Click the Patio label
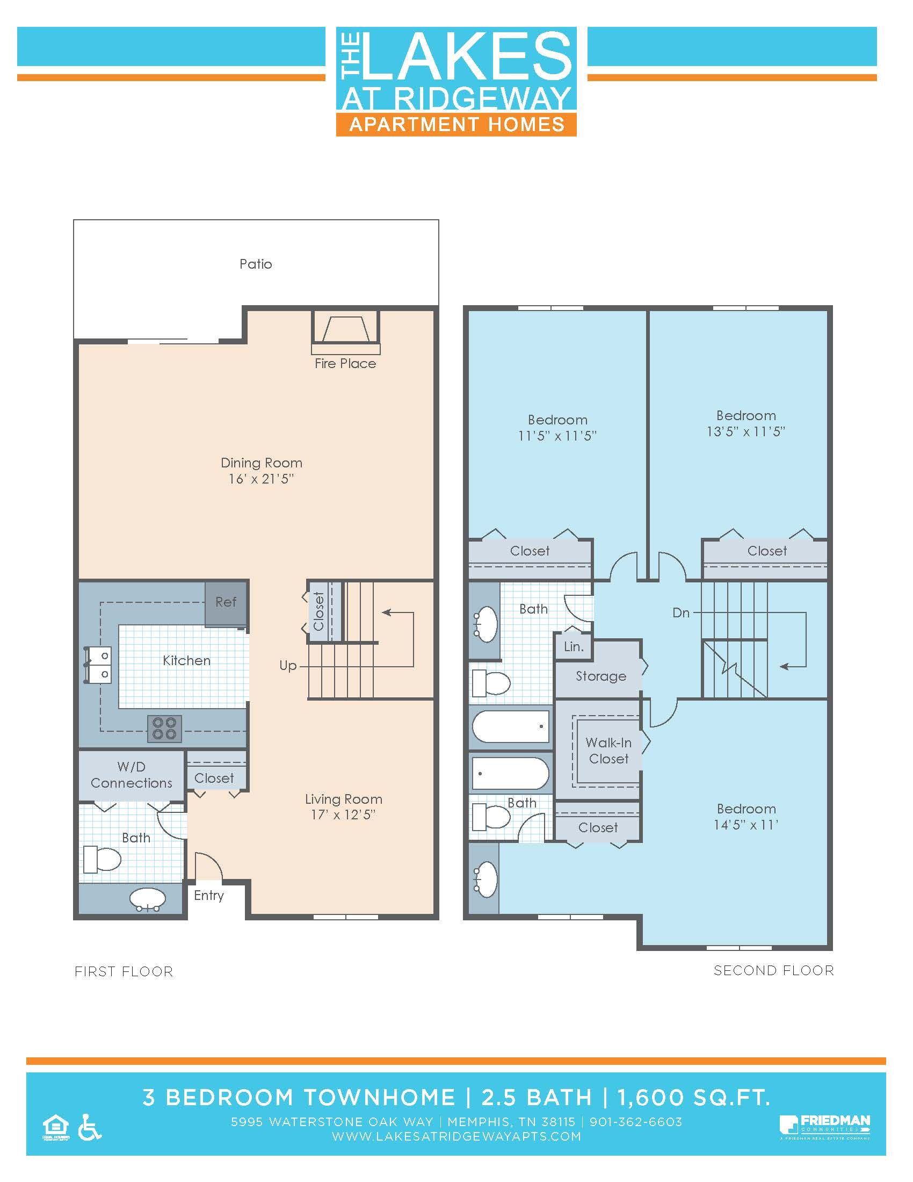(x=255, y=264)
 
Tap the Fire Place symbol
(x=346, y=329)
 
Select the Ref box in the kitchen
(x=226, y=602)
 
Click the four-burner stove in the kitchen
(x=164, y=729)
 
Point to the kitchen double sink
(x=98, y=665)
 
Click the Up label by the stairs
(x=288, y=666)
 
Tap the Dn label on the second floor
(x=681, y=612)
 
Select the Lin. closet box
(x=574, y=647)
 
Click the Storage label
(x=600, y=676)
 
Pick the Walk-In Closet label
(x=608, y=751)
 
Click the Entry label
(x=209, y=895)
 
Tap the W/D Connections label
(x=132, y=775)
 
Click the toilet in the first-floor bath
(x=103, y=859)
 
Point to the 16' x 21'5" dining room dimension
(x=260, y=479)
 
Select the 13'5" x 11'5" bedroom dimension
(x=745, y=431)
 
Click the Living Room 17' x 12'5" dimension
(x=343, y=815)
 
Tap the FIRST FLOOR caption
(x=124, y=971)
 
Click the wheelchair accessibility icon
(x=90, y=1127)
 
